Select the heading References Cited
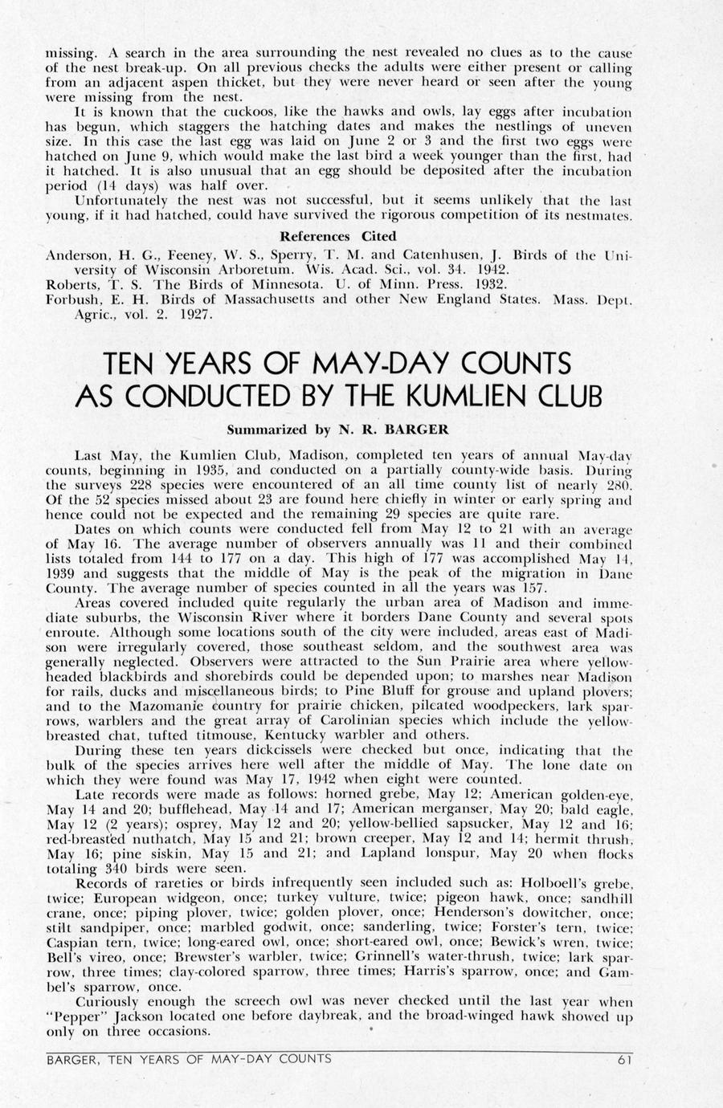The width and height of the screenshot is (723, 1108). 337,236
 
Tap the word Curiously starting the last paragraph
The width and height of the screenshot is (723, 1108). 107,1002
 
